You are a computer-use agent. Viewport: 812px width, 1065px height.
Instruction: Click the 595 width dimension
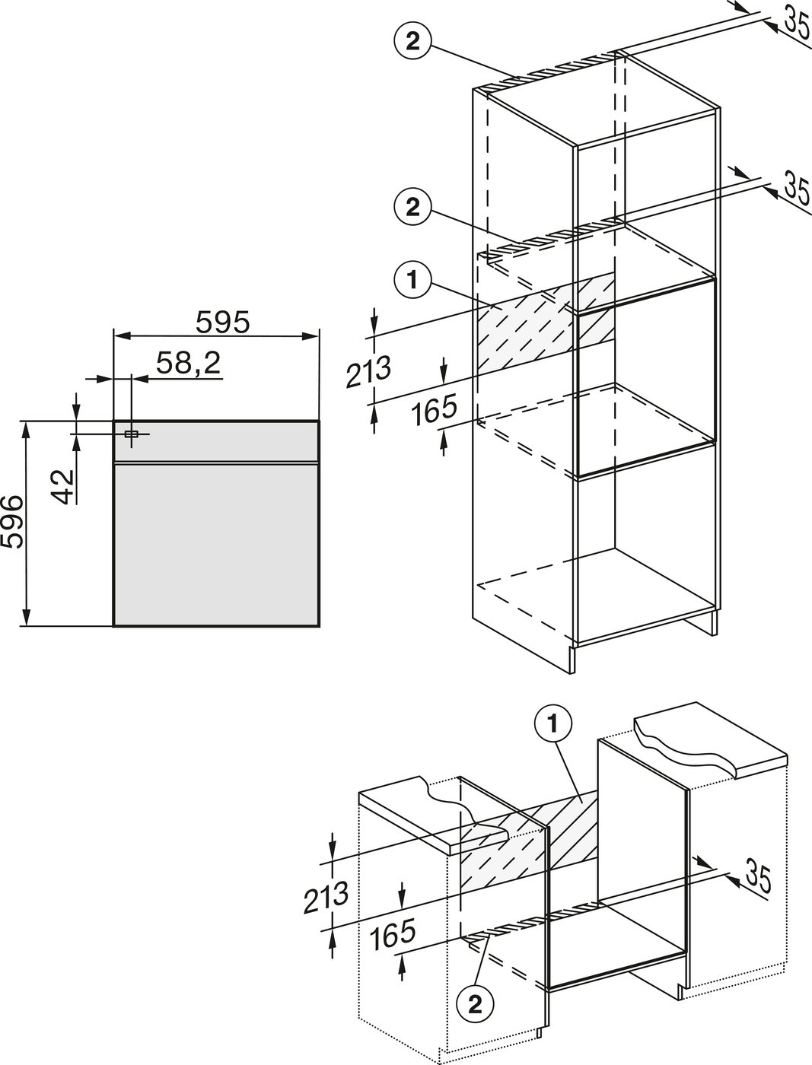click(222, 324)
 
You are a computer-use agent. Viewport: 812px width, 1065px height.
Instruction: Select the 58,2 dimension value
click(188, 364)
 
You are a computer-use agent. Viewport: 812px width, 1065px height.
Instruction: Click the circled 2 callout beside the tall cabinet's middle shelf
click(412, 207)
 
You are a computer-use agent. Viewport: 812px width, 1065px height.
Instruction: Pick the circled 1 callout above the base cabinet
click(554, 726)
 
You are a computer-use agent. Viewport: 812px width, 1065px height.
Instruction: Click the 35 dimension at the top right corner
click(795, 23)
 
